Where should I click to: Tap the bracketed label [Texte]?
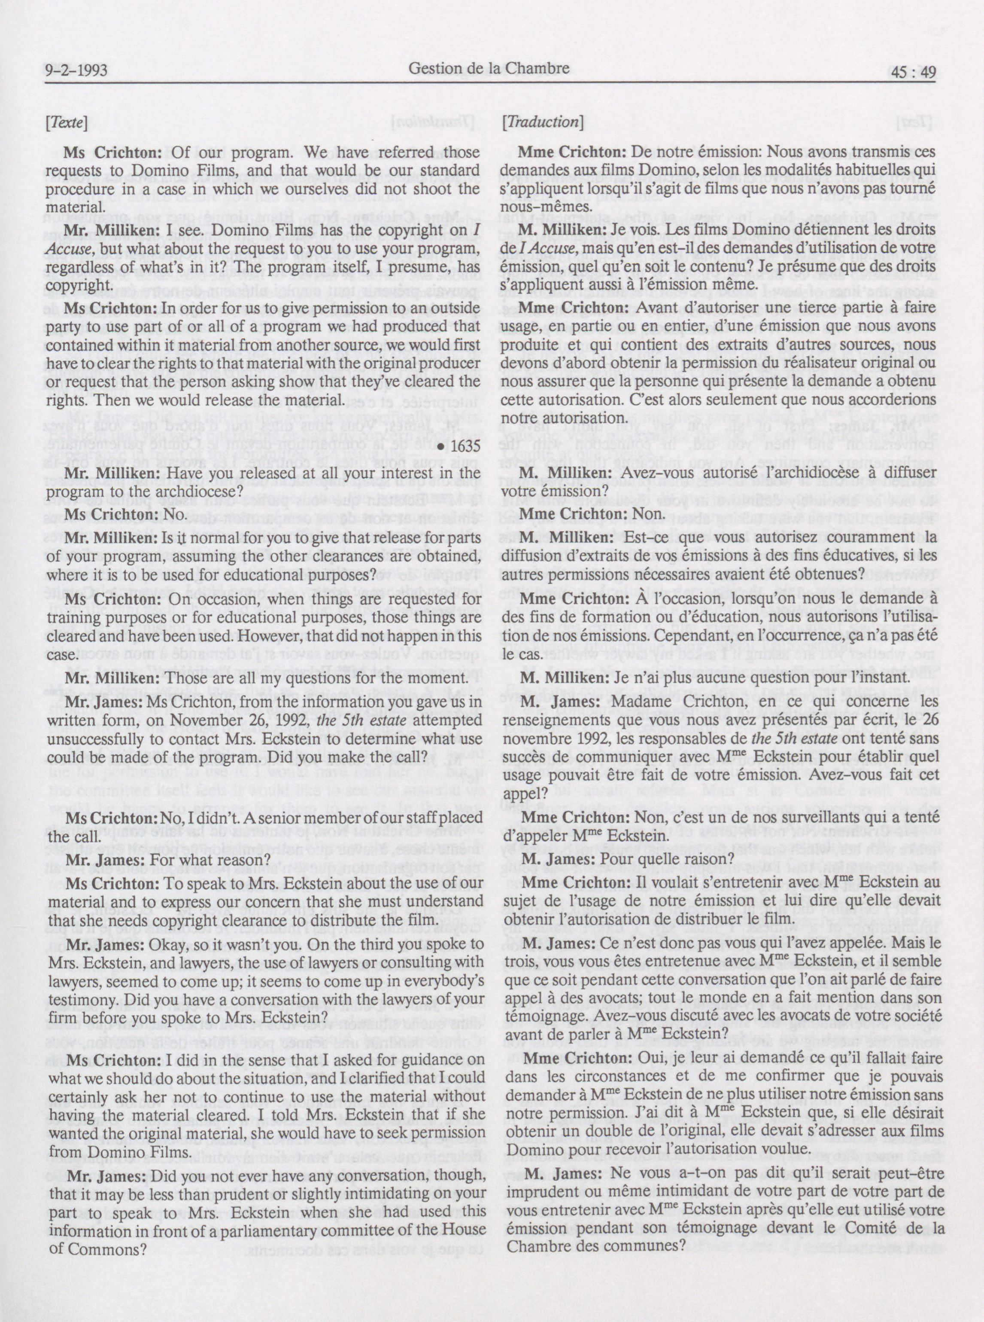pos(66,123)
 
